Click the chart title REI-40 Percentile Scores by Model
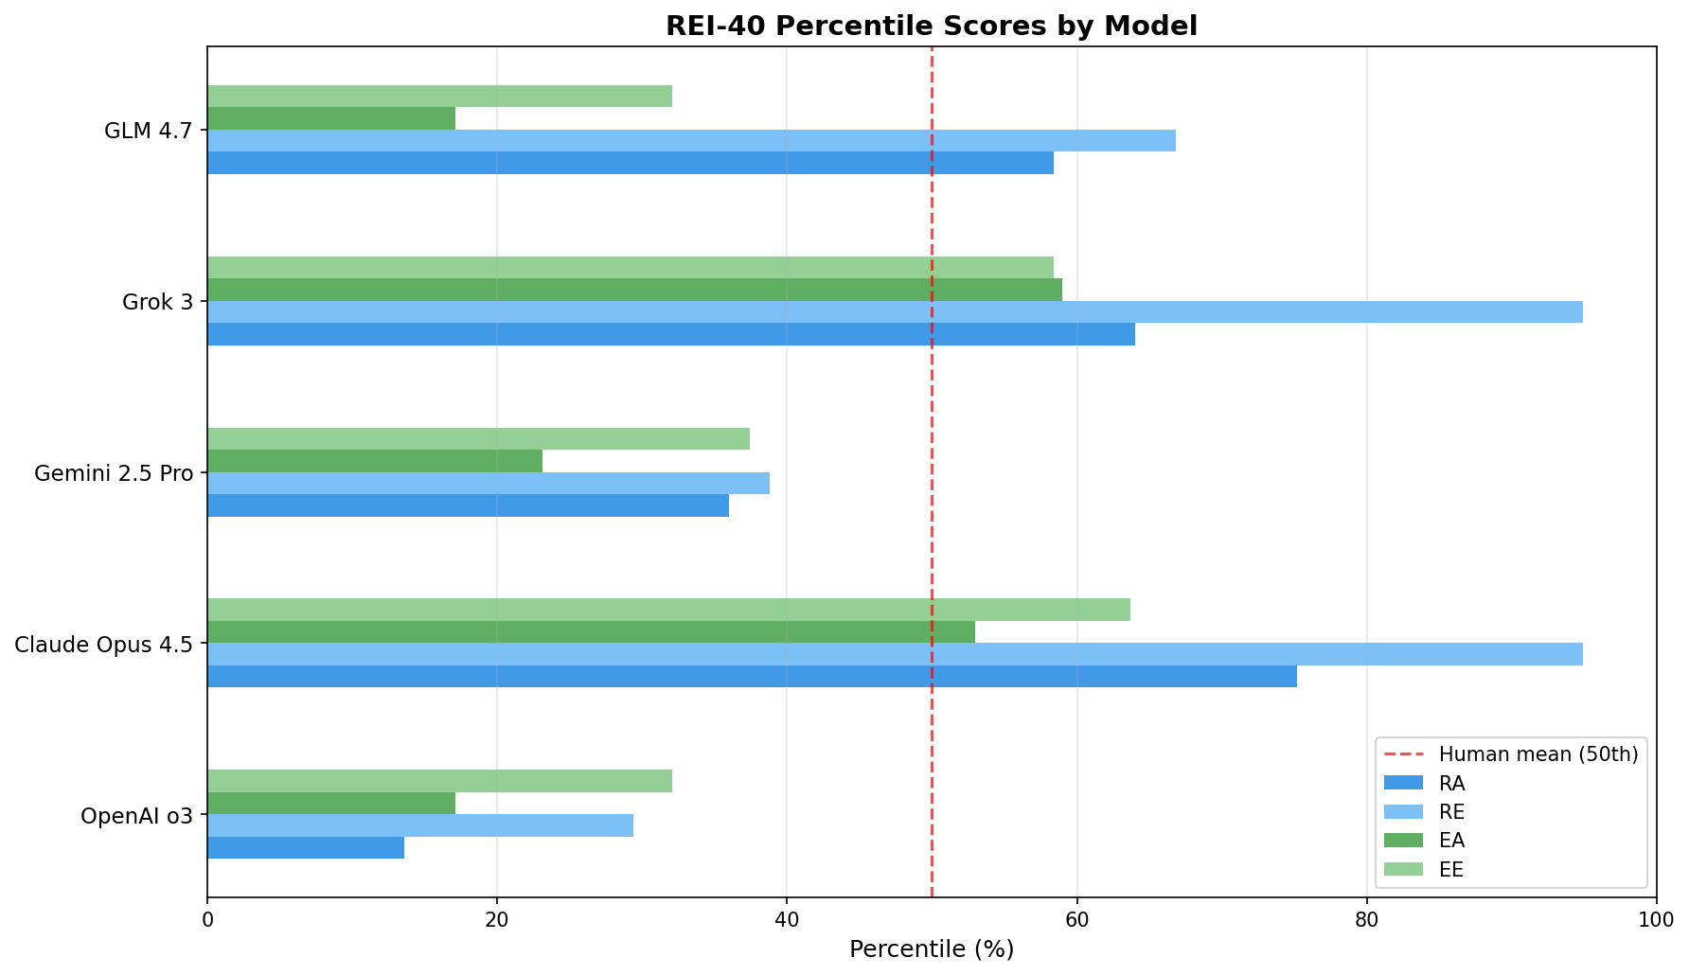point(931,26)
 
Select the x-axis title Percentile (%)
point(931,949)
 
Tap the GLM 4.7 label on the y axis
point(149,131)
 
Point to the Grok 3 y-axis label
point(157,302)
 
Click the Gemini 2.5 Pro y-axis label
point(113,473)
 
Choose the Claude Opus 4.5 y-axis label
point(103,645)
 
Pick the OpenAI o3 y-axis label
point(136,816)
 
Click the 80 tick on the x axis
point(1366,919)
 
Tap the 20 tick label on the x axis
point(496,919)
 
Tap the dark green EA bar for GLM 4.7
point(330,118)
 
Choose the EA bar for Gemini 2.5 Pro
point(374,461)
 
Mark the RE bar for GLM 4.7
point(690,141)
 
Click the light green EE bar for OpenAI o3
point(439,781)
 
